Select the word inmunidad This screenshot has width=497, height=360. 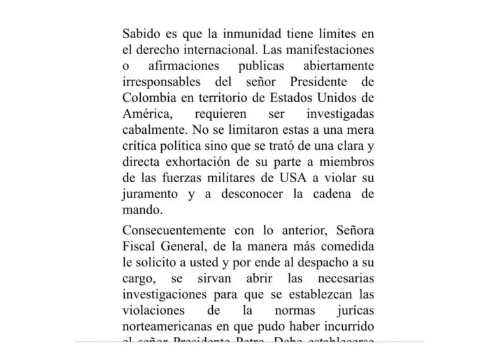(x=245, y=33)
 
